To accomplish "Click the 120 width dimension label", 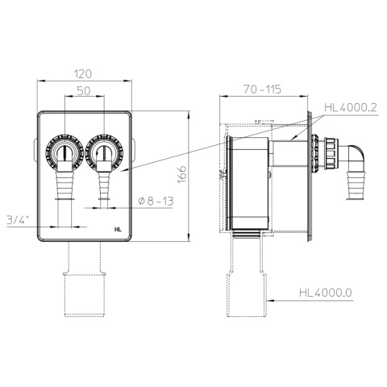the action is coord(83,74).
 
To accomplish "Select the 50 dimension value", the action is coord(84,91).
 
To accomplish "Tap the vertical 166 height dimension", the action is coord(182,174).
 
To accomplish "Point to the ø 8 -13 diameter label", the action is coord(156,201).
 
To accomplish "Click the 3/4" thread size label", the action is coord(18,220).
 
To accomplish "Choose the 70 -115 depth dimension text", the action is coord(262,89).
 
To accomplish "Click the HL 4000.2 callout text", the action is coord(351,107).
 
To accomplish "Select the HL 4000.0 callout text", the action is coord(326,293).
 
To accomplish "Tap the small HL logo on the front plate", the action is coord(118,229).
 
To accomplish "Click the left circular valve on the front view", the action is coord(64,153).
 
